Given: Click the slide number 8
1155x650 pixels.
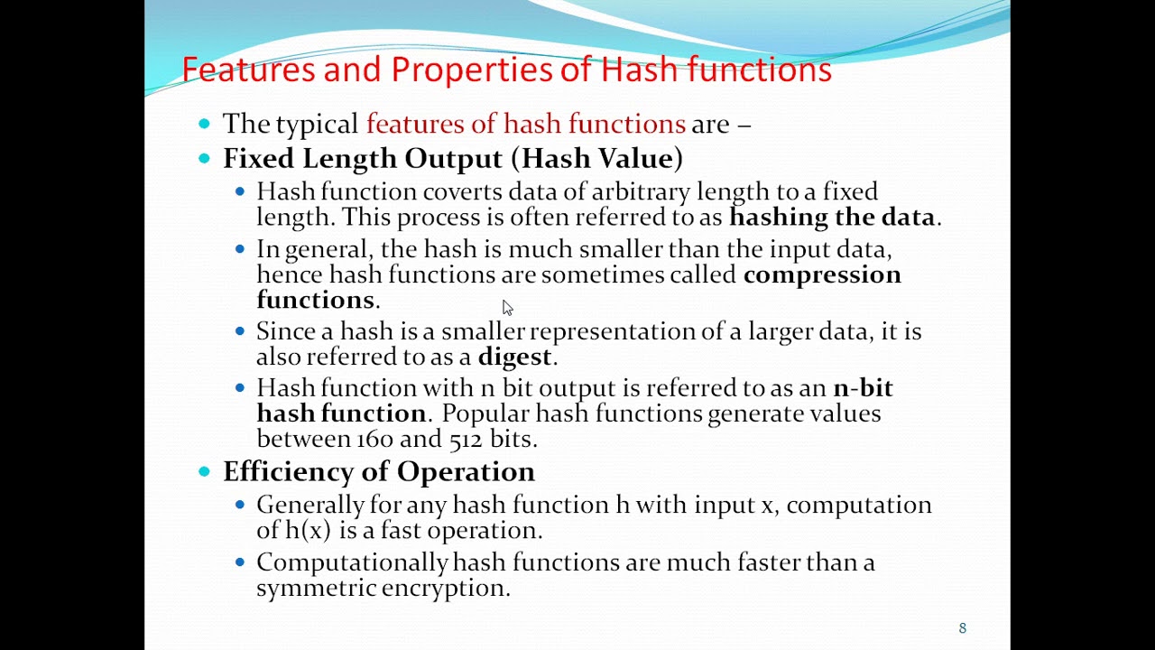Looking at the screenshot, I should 962,628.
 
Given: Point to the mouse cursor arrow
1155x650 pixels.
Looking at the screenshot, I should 507,308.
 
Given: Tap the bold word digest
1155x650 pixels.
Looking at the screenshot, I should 514,357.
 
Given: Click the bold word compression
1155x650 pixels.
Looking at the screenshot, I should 821,274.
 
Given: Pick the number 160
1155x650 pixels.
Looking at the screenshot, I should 374,439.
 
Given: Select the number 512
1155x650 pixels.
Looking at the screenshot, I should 466,439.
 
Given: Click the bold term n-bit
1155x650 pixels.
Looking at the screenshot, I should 863,388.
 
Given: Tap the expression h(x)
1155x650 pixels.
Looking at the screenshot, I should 308,530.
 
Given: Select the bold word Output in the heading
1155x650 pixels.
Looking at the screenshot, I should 453,158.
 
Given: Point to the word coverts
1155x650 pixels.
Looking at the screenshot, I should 462,191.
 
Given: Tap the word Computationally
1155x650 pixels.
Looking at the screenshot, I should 351,562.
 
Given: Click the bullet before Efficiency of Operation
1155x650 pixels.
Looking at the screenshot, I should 205,470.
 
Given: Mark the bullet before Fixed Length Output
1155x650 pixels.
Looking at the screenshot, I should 205,158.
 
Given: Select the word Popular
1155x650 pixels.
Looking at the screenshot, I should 485,413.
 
